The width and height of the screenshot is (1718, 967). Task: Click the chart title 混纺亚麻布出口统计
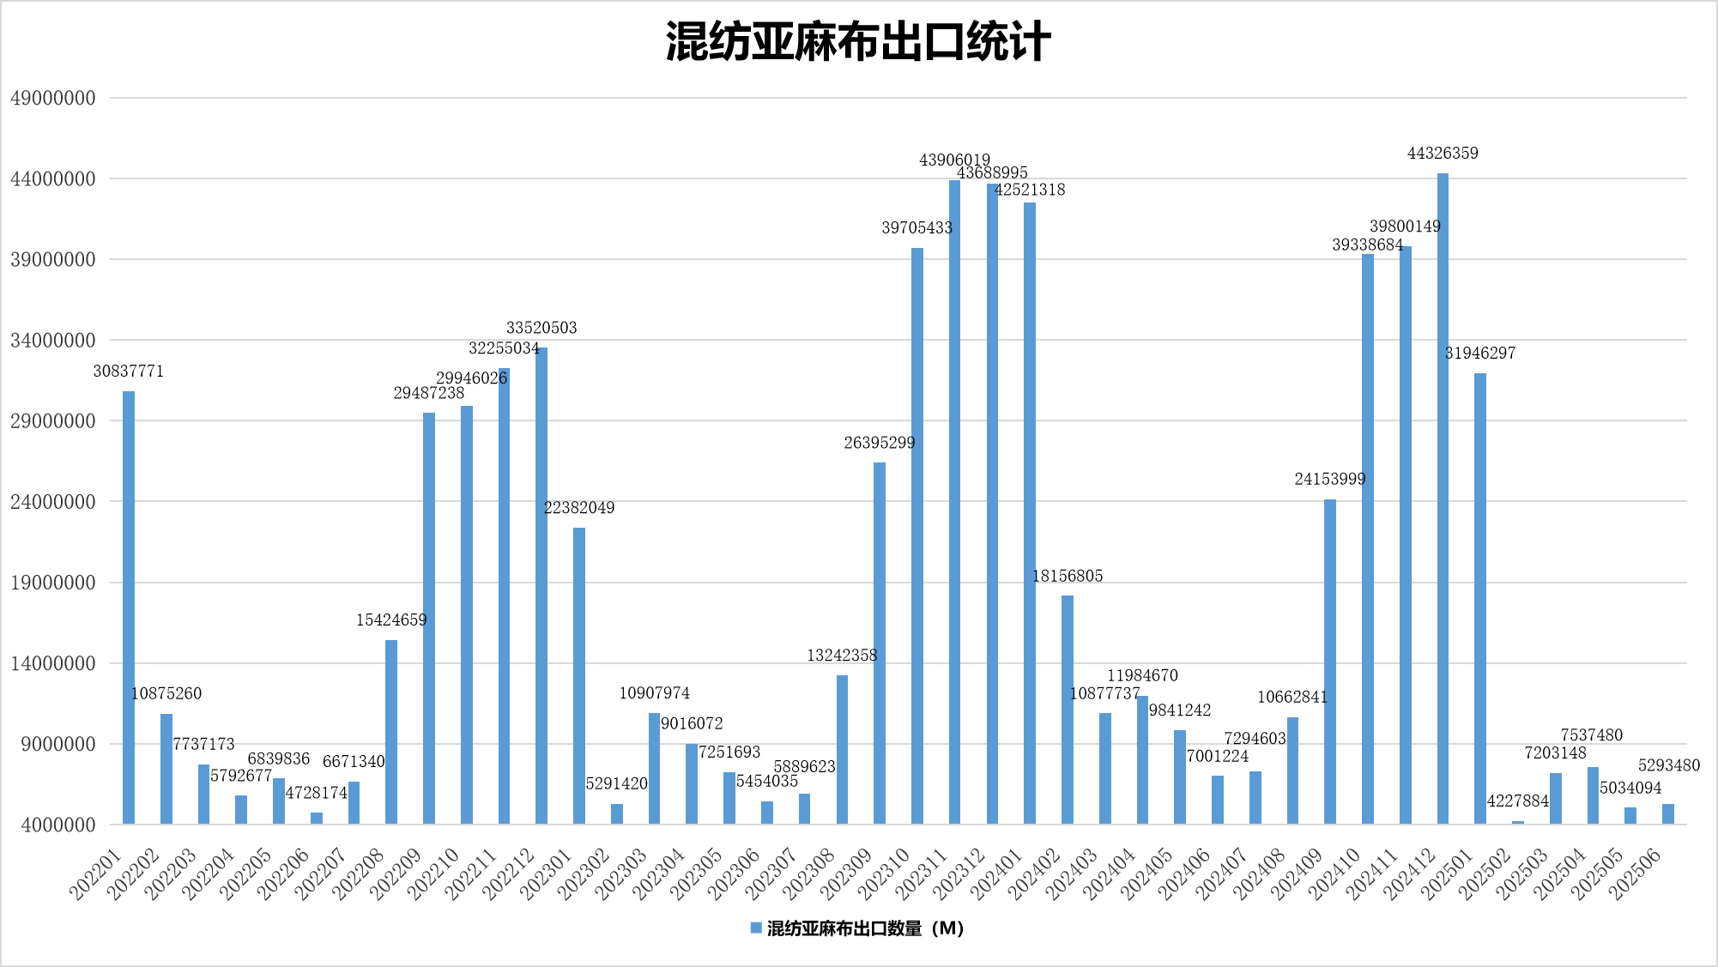pos(858,42)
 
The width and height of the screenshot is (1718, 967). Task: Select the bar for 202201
pos(129,607)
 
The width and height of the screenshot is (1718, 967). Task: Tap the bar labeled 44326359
pos(1443,498)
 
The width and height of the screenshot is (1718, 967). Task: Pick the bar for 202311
pos(954,502)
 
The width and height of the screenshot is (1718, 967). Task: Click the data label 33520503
pos(541,328)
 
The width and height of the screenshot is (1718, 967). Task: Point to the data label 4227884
pos(1517,801)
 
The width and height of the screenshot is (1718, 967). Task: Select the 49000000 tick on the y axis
pos(53,98)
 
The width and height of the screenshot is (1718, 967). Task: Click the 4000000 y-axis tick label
pos(53,825)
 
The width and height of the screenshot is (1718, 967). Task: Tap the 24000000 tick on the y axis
pos(53,502)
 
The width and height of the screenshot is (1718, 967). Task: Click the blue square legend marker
pos(756,928)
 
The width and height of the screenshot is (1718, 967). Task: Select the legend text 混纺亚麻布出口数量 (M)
pos(865,928)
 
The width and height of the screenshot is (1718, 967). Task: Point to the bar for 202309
pos(880,644)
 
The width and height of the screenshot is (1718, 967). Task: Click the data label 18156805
pos(1068,576)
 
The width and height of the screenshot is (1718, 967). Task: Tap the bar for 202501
pos(1480,599)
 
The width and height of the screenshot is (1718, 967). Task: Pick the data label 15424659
pos(391,619)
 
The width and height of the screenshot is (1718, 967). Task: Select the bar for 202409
pos(1330,662)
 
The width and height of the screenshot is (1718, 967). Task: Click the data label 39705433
pos(917,227)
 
